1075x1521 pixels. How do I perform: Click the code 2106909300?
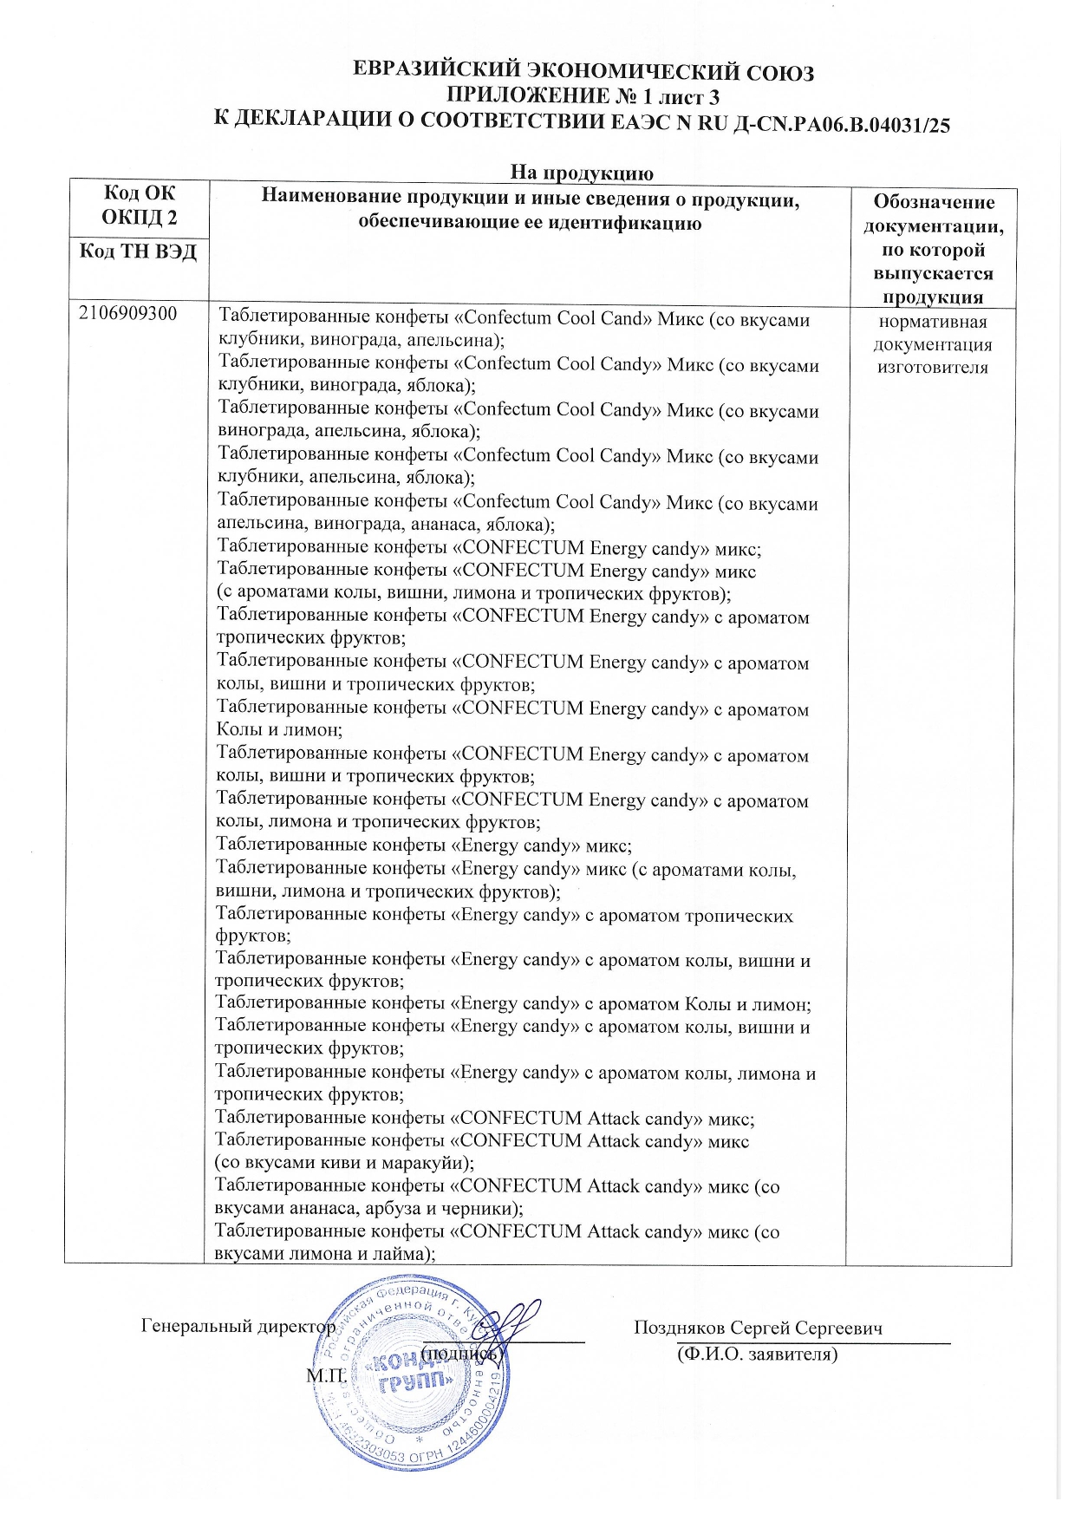tap(127, 314)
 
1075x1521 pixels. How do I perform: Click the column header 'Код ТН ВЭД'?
tap(138, 251)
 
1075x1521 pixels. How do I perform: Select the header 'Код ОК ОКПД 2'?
tap(139, 205)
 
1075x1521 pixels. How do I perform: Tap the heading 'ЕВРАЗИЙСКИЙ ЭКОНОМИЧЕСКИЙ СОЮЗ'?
tap(583, 72)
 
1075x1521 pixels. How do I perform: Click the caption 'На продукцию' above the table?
tap(581, 172)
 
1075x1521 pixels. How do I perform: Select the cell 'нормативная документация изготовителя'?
tap(932, 344)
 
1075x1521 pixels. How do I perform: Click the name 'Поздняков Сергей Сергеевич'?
tap(758, 1328)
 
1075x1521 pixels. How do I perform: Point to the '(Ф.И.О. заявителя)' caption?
tap(757, 1354)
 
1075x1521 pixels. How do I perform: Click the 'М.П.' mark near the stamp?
tap(326, 1374)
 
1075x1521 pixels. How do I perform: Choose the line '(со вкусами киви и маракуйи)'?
tap(344, 1163)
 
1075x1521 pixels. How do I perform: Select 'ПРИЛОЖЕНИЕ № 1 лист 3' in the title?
tap(583, 97)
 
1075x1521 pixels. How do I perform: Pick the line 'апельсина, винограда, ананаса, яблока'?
tap(385, 525)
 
